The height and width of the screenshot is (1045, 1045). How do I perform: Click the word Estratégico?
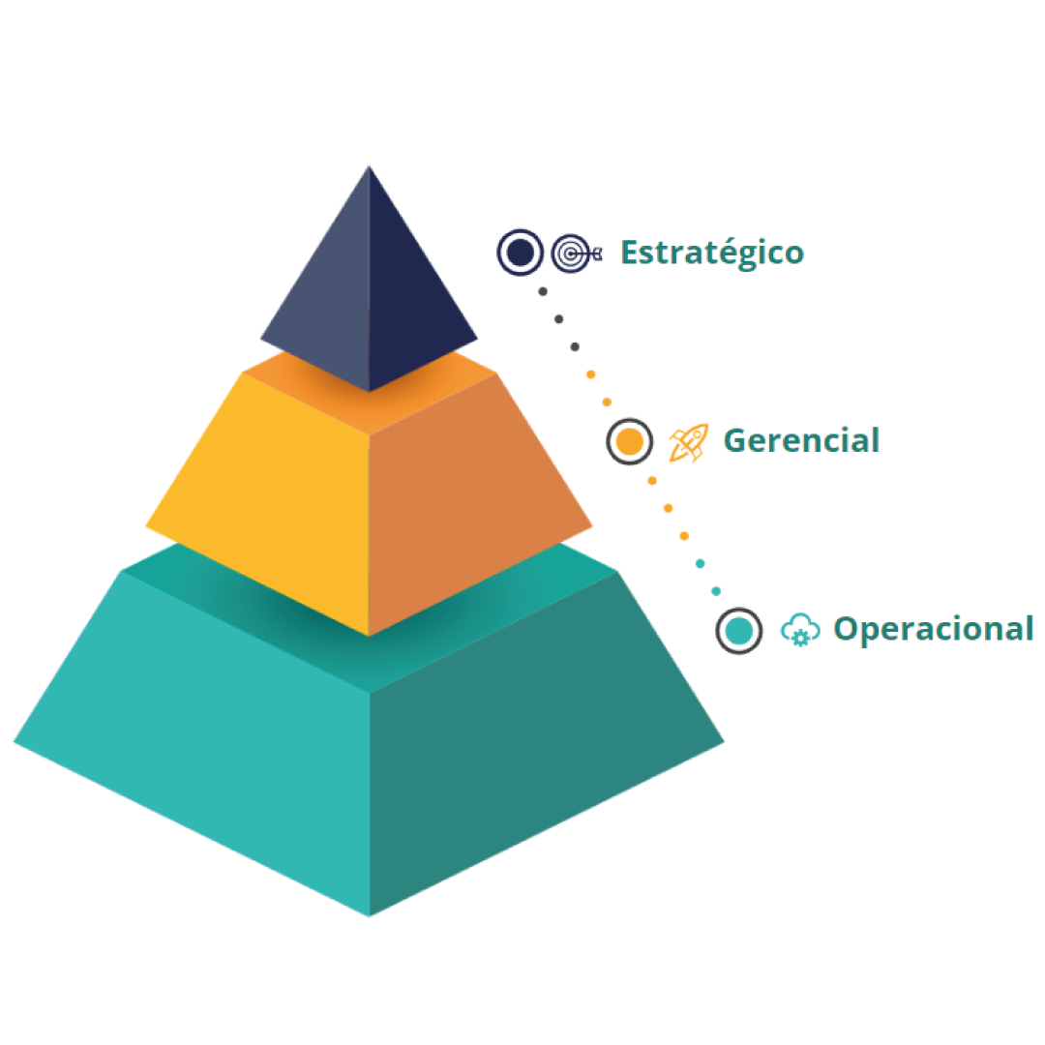pos(711,253)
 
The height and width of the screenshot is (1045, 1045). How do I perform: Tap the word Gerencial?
pos(801,441)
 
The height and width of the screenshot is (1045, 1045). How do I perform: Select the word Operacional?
pos(933,629)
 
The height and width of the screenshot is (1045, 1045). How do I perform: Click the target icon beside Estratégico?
pos(575,254)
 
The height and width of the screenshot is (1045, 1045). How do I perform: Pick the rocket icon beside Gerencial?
pos(688,442)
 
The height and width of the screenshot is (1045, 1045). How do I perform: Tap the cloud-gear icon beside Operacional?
pos(800,630)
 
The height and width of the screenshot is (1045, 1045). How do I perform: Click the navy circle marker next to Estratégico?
pos(521,253)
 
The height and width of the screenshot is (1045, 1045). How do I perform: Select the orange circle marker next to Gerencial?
pos(629,441)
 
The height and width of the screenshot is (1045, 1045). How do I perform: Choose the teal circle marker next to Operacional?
pos(739,631)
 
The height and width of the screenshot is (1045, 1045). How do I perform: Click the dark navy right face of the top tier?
pos(411,300)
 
